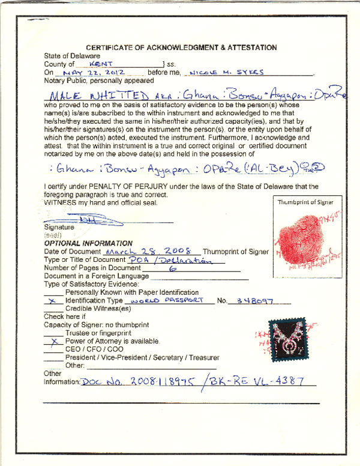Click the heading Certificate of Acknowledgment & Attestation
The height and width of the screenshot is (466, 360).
coord(181,47)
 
